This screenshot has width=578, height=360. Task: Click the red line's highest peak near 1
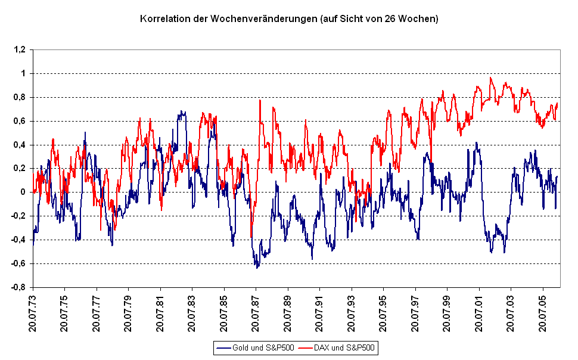491,77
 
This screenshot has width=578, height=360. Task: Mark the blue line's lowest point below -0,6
257,268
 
